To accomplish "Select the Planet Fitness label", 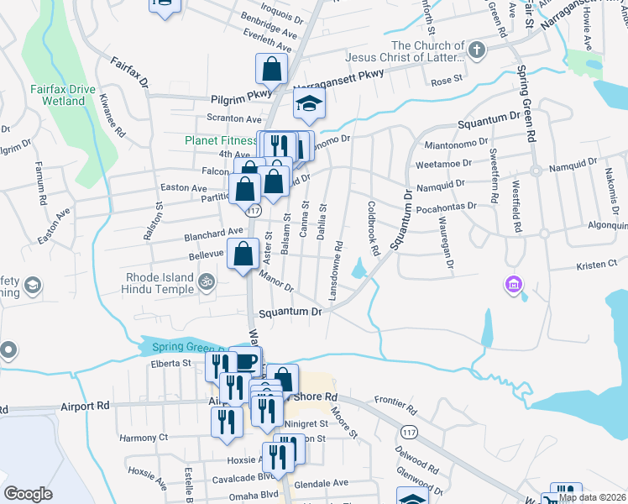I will [220, 140].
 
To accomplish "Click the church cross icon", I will [477, 50].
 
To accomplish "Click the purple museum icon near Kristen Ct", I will [512, 286].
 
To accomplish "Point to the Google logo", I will [28, 494].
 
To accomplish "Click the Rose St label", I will [447, 81].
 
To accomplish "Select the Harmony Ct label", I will [144, 438].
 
